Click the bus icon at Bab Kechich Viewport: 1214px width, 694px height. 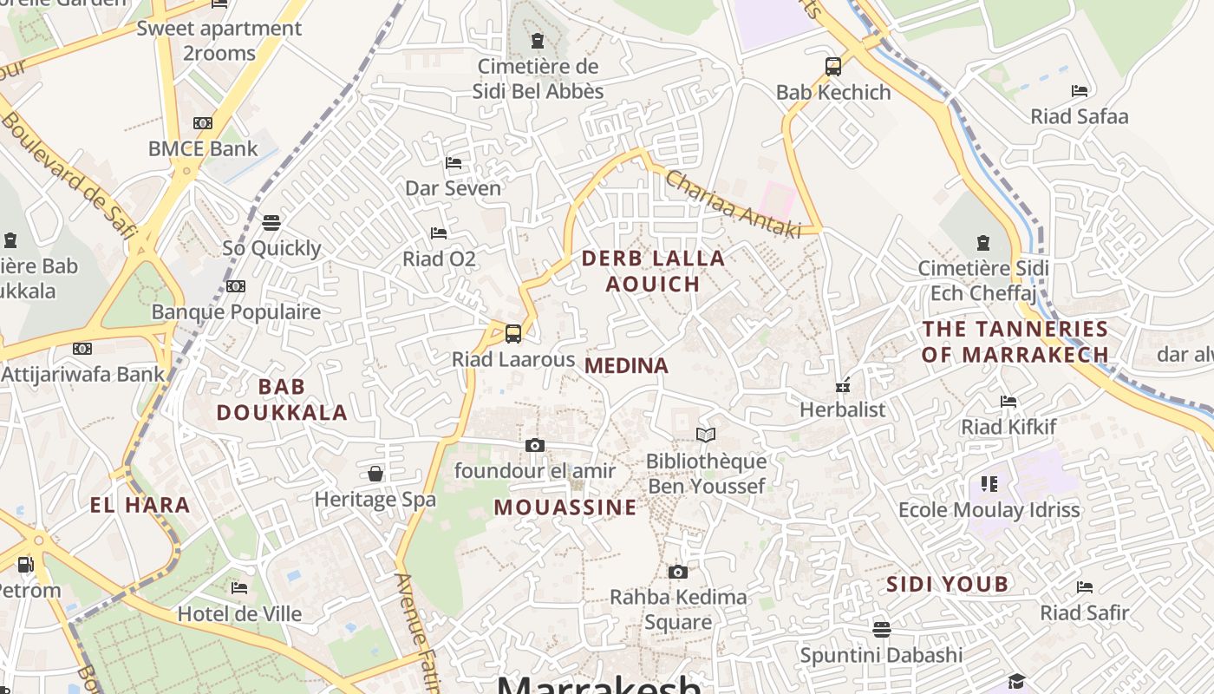[832, 66]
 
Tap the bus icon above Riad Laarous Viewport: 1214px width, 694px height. [513, 333]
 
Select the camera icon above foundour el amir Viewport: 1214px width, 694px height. [535, 445]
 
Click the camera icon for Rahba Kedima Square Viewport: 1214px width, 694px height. [678, 572]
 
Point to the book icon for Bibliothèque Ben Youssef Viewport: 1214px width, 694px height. [706, 435]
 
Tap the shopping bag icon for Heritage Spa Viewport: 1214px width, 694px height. [375, 474]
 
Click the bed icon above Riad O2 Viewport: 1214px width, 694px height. [439, 232]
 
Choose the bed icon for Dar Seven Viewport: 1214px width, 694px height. [454, 162]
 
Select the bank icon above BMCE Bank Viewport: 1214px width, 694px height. [203, 123]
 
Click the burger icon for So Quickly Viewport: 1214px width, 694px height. [271, 223]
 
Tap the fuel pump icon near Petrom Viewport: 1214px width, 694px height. [26, 565]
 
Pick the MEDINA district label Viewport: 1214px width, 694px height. [626, 366]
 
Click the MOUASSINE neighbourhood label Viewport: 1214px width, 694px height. [565, 508]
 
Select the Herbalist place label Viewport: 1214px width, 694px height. [842, 409]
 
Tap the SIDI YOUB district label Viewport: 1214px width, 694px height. [947, 585]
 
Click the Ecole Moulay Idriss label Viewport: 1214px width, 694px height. [989, 510]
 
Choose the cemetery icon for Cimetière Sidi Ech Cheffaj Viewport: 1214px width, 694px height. [982, 243]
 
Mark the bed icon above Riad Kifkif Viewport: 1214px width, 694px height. [1008, 401]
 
